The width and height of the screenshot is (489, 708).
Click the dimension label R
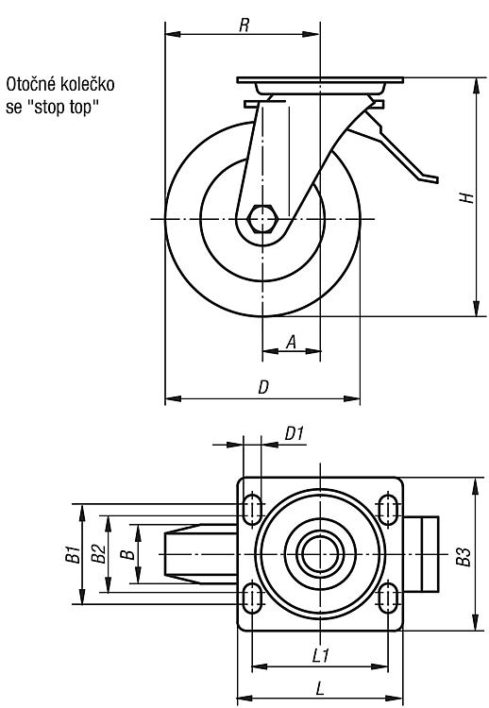point(244,25)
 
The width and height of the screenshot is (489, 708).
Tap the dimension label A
point(292,343)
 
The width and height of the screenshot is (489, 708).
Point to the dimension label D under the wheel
point(263,387)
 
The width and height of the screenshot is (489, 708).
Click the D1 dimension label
point(294,434)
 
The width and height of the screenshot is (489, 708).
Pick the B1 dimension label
point(73,554)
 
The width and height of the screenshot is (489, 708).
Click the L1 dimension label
point(321,655)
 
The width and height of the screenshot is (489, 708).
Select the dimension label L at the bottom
point(320,688)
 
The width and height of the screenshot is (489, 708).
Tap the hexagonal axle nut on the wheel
point(261,219)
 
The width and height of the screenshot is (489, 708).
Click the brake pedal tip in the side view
point(432,179)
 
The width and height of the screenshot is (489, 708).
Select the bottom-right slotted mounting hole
point(388,598)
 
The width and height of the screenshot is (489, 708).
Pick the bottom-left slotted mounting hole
point(253,598)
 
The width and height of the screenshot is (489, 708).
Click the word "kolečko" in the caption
point(86,84)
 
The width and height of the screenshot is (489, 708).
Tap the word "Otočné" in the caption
point(30,84)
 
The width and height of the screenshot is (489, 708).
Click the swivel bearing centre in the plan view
point(320,554)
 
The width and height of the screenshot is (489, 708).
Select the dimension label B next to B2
point(128,554)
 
